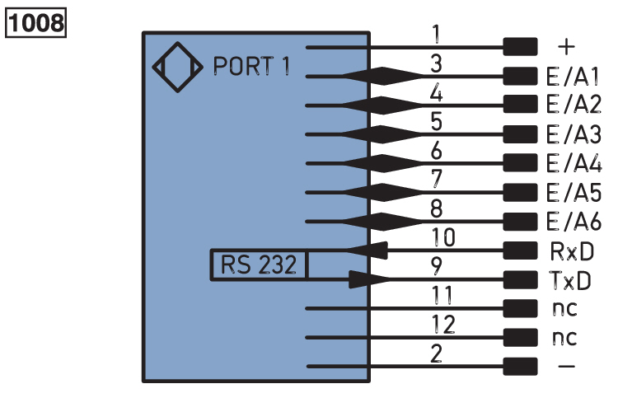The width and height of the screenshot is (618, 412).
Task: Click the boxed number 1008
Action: tap(36, 21)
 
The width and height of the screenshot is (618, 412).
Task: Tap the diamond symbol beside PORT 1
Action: tap(177, 66)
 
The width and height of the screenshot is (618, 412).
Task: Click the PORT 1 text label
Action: tap(252, 66)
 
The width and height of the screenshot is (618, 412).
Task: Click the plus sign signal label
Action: tap(566, 47)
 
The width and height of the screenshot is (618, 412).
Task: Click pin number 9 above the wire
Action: tap(437, 265)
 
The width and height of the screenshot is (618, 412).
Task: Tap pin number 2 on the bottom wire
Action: tap(437, 353)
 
